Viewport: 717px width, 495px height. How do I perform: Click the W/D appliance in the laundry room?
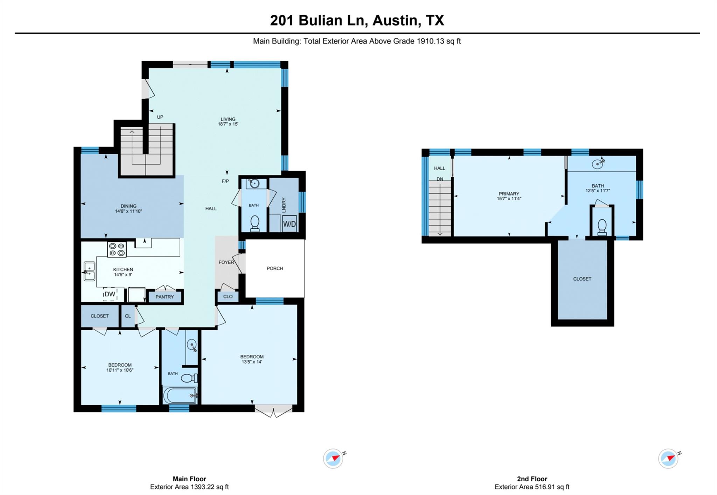click(x=289, y=224)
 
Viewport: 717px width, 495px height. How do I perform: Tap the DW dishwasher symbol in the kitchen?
click(x=110, y=294)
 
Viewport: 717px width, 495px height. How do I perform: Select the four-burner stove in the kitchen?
click(x=117, y=249)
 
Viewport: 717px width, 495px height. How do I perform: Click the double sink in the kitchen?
click(x=89, y=271)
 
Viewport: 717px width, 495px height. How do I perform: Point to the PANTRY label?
click(x=165, y=297)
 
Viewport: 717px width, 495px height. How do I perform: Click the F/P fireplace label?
click(x=225, y=181)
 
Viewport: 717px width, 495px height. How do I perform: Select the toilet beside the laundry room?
click(x=255, y=224)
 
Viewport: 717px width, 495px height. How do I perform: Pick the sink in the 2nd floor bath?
click(x=597, y=164)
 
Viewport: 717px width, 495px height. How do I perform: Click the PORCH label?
click(x=275, y=268)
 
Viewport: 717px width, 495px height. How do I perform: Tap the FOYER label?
click(x=226, y=262)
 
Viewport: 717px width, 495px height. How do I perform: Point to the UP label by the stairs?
click(x=160, y=117)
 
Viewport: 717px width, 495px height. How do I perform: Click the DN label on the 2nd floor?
click(x=440, y=179)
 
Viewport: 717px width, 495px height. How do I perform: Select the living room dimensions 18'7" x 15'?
click(x=228, y=124)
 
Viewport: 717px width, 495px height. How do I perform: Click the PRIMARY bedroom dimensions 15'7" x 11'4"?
click(x=509, y=199)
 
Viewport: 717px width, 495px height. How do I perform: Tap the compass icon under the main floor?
click(x=333, y=458)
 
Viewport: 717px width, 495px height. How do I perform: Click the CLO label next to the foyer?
click(x=228, y=297)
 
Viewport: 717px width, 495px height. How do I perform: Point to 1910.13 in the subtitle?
click(x=430, y=41)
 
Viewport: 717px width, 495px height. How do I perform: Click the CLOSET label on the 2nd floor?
click(x=582, y=279)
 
